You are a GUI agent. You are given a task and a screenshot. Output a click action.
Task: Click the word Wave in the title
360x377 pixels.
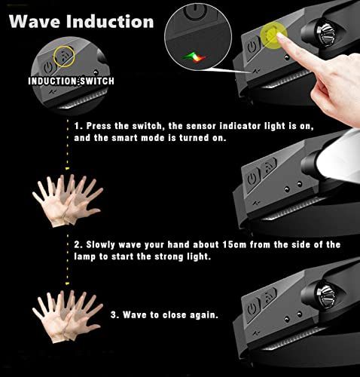(35, 21)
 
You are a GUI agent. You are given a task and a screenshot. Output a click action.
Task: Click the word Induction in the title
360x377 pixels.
(110, 21)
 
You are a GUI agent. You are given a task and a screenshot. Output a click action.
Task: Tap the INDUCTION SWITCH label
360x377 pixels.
(71, 81)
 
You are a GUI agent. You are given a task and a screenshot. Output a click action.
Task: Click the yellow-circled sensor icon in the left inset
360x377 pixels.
(64, 57)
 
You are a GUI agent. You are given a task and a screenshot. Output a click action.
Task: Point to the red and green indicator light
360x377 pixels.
(195, 57)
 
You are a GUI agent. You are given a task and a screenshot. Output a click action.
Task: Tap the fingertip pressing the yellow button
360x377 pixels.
(281, 37)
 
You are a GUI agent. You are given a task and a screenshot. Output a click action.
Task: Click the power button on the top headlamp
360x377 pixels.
(252, 47)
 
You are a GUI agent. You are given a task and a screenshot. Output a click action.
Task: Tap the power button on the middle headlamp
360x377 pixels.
(252, 179)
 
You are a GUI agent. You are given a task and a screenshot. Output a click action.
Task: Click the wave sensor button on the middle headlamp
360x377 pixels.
(269, 167)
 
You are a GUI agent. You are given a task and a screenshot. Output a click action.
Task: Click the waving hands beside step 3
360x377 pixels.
(67, 317)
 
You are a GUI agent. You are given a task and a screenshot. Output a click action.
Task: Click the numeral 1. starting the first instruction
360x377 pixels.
(78, 126)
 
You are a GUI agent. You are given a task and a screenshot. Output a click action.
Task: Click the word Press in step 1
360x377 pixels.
(99, 126)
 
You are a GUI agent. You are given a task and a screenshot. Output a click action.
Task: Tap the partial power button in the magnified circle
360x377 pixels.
(196, 11)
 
